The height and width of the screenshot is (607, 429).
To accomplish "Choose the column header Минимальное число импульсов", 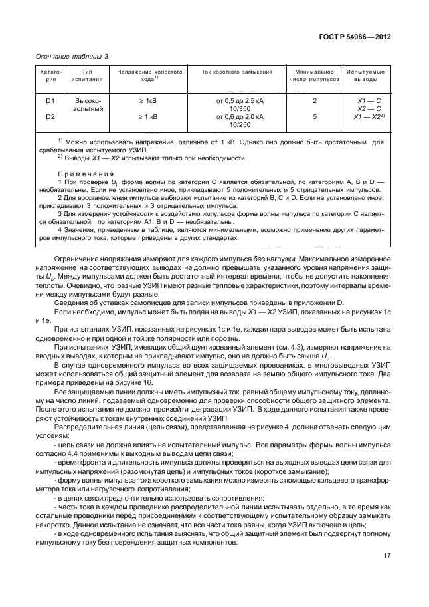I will (314, 74).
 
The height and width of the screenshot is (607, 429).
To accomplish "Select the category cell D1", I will (50, 100).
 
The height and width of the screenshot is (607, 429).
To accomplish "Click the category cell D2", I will (50, 116).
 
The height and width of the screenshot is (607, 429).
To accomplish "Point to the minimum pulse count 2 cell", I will (315, 100).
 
